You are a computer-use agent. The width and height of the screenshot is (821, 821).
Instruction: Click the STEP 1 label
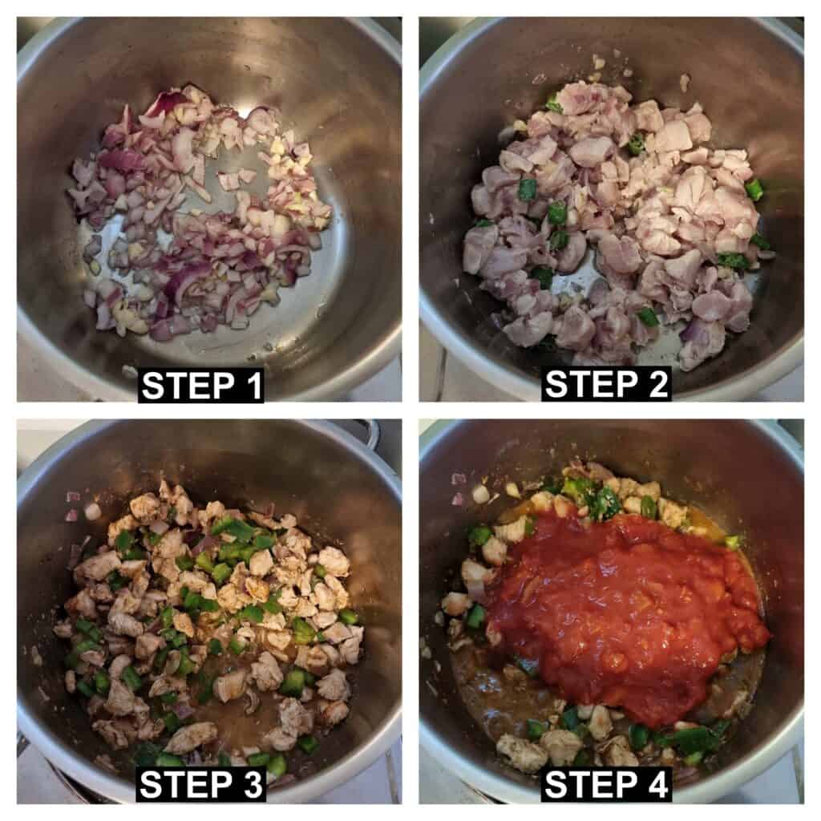click(201, 386)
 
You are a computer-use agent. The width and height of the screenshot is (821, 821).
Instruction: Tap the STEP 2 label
click(606, 384)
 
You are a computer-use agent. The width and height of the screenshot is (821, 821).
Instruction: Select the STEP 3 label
click(201, 784)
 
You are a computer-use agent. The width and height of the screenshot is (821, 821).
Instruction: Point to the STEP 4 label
click(606, 784)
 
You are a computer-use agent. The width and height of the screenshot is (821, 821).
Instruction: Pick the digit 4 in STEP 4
click(657, 784)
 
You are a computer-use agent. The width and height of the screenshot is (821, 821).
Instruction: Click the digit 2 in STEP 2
click(657, 384)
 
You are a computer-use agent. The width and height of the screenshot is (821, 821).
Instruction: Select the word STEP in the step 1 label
click(188, 386)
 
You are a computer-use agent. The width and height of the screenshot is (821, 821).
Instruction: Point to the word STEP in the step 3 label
click(186, 784)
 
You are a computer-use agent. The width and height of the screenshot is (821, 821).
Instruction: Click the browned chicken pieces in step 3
click(209, 618)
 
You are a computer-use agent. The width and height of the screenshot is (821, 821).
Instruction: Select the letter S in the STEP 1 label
click(152, 386)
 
